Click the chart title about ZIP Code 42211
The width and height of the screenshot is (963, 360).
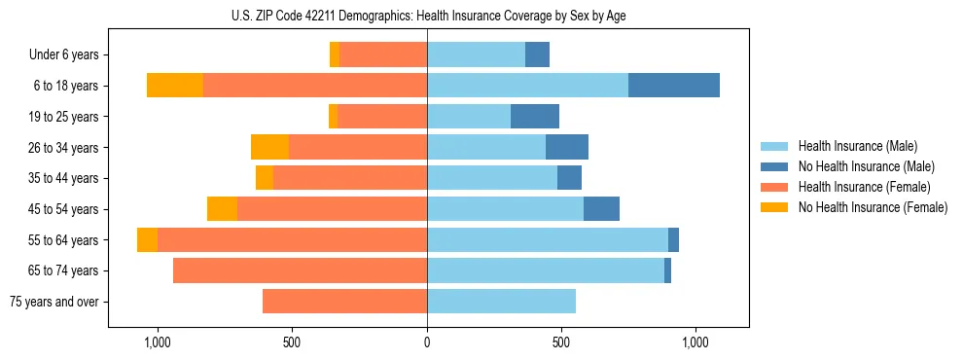point(427,16)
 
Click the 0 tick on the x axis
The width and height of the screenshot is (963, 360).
point(427,343)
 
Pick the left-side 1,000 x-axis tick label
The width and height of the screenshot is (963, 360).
point(158,343)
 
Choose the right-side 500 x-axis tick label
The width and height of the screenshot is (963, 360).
point(561,343)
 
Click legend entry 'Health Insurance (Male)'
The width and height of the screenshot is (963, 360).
point(857,146)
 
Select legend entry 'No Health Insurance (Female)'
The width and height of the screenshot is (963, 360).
point(873,207)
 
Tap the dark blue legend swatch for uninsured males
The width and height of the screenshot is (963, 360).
point(774,166)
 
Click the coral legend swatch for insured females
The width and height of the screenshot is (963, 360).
point(774,187)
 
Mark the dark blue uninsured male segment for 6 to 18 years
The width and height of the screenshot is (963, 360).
point(674,86)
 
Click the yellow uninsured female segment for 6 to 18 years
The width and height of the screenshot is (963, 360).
point(175,86)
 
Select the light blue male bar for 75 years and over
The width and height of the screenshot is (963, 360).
point(501,302)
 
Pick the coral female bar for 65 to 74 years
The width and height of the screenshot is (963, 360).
point(300,270)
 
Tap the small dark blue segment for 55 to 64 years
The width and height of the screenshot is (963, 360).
point(673,240)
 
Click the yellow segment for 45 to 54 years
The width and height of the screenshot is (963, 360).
point(222,209)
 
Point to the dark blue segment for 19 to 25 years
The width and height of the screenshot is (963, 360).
point(535,117)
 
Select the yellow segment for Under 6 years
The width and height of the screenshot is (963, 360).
point(335,55)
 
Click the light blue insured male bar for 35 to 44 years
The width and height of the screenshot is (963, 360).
point(492,178)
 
